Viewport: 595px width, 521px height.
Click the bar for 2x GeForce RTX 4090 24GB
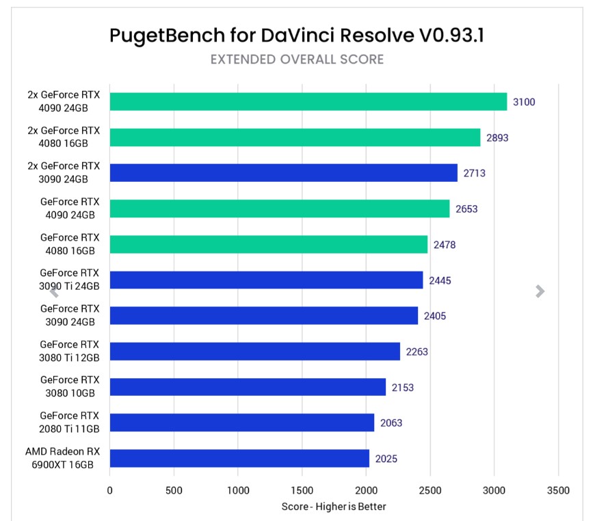[x=308, y=102]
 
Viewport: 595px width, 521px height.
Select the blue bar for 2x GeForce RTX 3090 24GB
[x=283, y=173]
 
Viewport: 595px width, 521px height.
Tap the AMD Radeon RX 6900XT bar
[x=239, y=458]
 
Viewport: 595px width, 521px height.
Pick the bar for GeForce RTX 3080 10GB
[x=248, y=387]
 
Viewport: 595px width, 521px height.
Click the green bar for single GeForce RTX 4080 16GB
[x=268, y=244]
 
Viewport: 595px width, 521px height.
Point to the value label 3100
[x=524, y=103]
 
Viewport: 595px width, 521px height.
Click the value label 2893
[x=497, y=137]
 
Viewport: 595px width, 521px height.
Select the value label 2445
[x=440, y=280]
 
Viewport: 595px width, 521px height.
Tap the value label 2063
[x=391, y=423]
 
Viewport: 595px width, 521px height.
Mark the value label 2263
[x=417, y=351]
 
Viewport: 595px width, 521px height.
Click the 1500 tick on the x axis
[x=302, y=490]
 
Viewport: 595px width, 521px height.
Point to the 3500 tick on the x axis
[x=558, y=490]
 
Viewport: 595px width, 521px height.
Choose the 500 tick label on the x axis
[x=174, y=490]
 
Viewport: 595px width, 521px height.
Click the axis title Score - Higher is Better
[x=334, y=507]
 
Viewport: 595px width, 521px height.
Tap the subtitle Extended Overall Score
[x=297, y=59]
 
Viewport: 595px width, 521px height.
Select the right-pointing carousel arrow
[x=540, y=291]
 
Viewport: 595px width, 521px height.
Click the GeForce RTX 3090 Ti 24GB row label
[x=69, y=280]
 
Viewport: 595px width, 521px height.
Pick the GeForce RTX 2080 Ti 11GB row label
[x=69, y=422]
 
